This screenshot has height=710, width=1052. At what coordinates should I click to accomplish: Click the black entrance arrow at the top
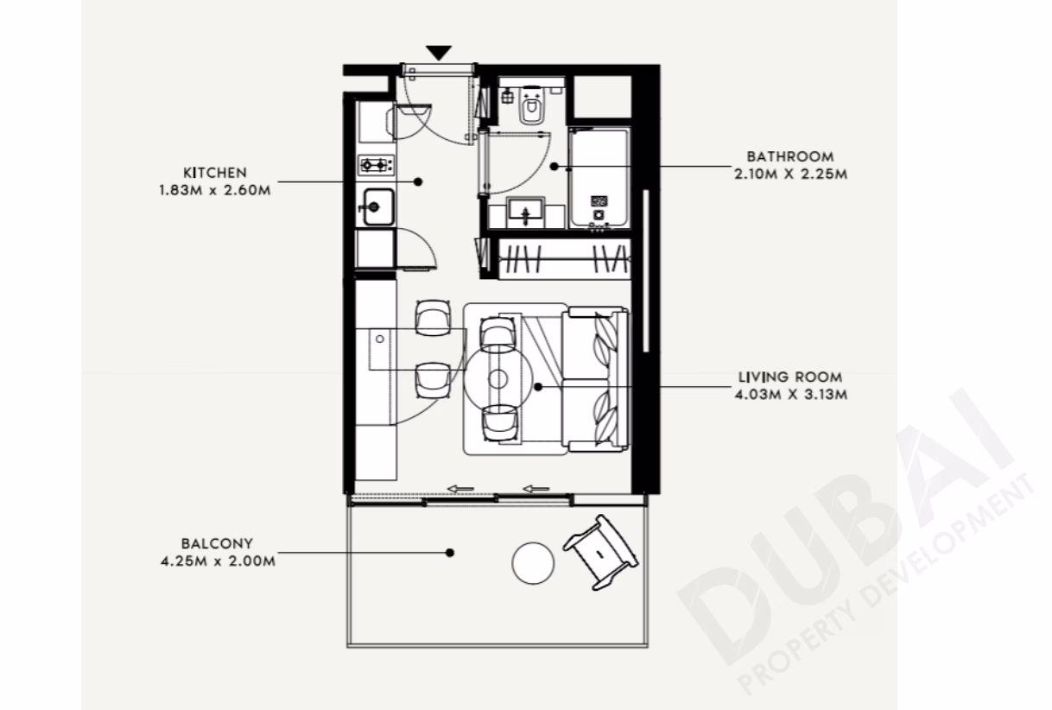point(439,52)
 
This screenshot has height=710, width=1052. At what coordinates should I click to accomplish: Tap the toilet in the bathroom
point(532,105)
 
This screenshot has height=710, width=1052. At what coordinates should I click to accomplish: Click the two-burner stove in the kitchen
point(376,165)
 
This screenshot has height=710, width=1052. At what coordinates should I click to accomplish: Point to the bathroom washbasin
point(526,212)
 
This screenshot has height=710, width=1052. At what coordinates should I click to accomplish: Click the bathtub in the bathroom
point(599,179)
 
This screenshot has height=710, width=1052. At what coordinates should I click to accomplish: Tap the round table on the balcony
point(533,563)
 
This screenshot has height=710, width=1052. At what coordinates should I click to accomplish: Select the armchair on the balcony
point(600,552)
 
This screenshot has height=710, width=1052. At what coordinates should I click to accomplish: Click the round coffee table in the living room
point(498,378)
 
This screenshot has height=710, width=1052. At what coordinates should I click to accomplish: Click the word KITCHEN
point(214,173)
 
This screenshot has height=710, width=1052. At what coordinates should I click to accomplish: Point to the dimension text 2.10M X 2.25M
point(791,174)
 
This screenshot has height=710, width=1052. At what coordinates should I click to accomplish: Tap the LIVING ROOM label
point(790,377)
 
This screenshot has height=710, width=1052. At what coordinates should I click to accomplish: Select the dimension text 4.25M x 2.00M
point(218,561)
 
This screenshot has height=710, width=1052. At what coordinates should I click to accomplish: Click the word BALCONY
point(217,543)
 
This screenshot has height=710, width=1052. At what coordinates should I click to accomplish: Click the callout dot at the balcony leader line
point(450,553)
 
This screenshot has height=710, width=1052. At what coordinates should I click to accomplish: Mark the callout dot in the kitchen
point(418,181)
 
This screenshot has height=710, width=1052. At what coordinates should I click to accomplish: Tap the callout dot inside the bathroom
point(555,166)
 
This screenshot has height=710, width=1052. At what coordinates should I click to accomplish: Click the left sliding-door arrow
point(459,489)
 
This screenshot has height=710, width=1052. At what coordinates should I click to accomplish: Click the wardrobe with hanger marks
point(564,259)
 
